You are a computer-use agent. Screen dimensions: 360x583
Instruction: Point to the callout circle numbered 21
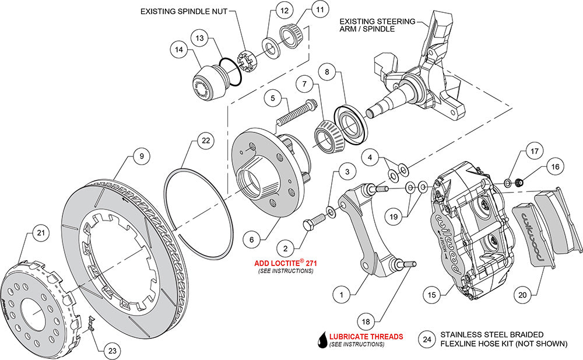[40, 233]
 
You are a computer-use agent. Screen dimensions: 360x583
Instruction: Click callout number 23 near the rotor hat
[113, 351]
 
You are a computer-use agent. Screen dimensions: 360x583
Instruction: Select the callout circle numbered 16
[554, 167]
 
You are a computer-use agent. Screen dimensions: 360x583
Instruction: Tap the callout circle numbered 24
[427, 339]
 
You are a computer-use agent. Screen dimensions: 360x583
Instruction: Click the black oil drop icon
[321, 339]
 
